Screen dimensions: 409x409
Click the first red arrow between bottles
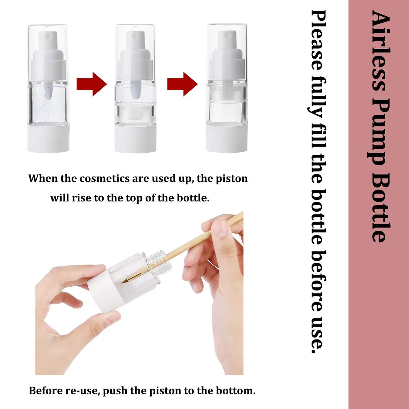91,84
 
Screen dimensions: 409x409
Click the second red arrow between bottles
182,84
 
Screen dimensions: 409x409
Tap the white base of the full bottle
48,138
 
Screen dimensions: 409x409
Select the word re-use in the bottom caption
82,391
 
